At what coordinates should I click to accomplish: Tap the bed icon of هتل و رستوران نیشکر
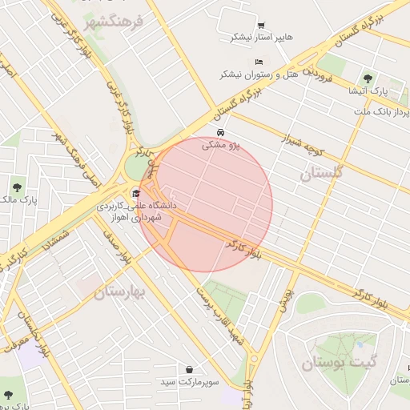click(258, 62)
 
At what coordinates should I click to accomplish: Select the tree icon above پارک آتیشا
click(368, 78)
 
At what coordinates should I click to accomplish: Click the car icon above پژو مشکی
click(220, 132)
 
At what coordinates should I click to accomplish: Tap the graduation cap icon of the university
click(135, 193)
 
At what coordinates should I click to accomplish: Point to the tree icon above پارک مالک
click(14, 187)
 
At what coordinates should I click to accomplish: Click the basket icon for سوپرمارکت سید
click(189, 370)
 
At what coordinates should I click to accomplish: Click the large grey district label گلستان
click(321, 172)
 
